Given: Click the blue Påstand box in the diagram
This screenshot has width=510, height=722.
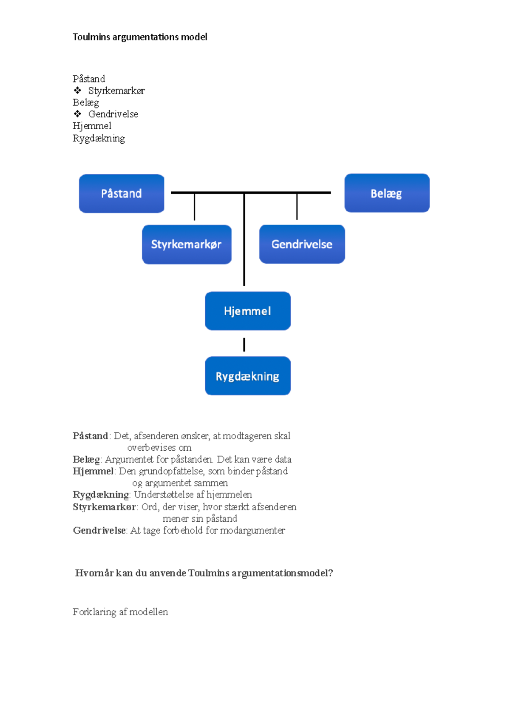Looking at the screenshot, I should (x=122, y=193).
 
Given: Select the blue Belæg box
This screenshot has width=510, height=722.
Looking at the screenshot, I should (x=387, y=193).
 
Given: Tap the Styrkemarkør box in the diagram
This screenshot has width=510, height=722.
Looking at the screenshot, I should (x=187, y=244).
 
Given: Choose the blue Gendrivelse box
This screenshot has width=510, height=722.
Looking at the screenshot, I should (x=302, y=244).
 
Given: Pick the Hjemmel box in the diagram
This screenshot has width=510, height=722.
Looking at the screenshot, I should (x=248, y=311).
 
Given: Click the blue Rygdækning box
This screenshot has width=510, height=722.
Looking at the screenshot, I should (x=248, y=376).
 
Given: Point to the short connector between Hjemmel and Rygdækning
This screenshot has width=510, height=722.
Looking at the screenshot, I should (x=244, y=344).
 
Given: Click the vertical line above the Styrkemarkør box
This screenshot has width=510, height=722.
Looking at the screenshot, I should (x=194, y=207).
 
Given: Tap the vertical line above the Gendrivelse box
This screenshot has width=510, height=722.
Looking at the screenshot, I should (x=297, y=207).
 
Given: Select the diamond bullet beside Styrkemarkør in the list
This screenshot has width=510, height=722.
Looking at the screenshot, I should (x=77, y=91).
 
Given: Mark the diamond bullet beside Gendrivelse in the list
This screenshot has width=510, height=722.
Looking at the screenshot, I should (x=77, y=114).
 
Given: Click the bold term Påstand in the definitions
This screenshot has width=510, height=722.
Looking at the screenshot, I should (x=90, y=436).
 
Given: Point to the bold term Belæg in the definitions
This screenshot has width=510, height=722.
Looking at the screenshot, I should (x=86, y=459).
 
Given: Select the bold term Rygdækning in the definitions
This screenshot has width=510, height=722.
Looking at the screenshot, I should (x=101, y=495).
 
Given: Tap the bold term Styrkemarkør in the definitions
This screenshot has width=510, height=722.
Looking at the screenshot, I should (x=104, y=507).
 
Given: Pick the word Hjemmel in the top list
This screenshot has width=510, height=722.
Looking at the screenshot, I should (x=92, y=126).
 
